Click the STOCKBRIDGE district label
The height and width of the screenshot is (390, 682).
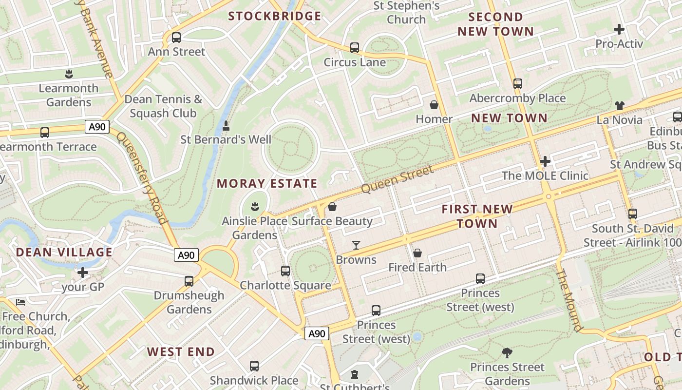pyautogui.click(x=275, y=16)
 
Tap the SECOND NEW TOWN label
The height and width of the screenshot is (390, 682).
pyautogui.click(x=495, y=24)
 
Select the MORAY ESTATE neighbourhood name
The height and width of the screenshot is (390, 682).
pyautogui.click(x=267, y=184)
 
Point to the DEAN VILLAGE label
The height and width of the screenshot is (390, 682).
pyautogui.click(x=64, y=253)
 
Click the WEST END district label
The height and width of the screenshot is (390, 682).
pyautogui.click(x=181, y=352)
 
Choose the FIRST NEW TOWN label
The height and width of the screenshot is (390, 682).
pyautogui.click(x=477, y=216)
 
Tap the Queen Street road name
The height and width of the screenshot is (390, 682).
pyautogui.click(x=398, y=179)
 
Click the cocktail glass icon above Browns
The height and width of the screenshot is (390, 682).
pyautogui.click(x=356, y=245)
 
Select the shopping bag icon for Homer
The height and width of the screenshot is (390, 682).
pyautogui.click(x=434, y=105)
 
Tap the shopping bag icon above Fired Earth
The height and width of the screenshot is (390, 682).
pyautogui.click(x=417, y=253)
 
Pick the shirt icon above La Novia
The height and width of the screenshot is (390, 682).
pyautogui.click(x=619, y=105)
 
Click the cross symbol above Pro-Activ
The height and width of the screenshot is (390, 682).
pyautogui.click(x=619, y=29)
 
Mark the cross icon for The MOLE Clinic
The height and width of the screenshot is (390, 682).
pyautogui.click(x=545, y=161)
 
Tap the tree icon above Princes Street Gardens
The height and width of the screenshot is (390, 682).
pyautogui.click(x=507, y=352)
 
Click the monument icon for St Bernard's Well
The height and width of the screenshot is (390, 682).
pyautogui.click(x=226, y=126)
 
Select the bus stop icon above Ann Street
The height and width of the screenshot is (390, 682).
pyautogui.click(x=176, y=37)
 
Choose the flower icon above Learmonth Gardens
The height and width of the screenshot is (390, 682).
pyautogui.click(x=68, y=74)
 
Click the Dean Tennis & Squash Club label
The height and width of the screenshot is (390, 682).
pyautogui.click(x=163, y=106)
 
